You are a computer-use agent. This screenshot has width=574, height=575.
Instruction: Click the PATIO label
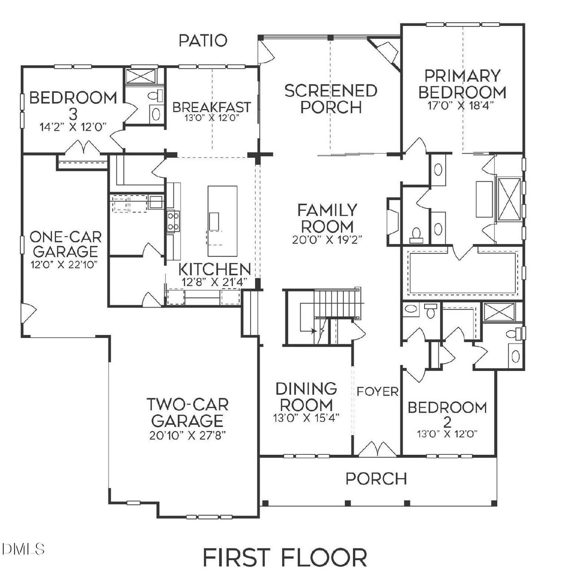pyautogui.click(x=203, y=41)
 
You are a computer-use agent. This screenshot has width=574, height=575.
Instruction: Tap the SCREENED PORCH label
pyautogui.click(x=330, y=99)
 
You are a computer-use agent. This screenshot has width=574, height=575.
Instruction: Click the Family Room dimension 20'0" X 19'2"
pyautogui.click(x=327, y=239)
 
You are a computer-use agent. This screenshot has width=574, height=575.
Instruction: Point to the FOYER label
pyautogui.click(x=378, y=392)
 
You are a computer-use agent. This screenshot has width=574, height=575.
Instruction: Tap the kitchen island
pyautogui.click(x=222, y=220)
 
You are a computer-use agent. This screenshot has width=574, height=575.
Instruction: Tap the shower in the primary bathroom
pyautogui.click(x=509, y=198)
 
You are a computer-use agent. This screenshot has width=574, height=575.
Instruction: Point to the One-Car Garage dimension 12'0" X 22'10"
pyautogui.click(x=65, y=264)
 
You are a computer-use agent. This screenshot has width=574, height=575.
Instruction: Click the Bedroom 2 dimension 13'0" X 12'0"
pyautogui.click(x=448, y=434)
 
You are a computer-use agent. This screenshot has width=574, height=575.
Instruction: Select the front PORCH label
pyautogui.click(x=376, y=479)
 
